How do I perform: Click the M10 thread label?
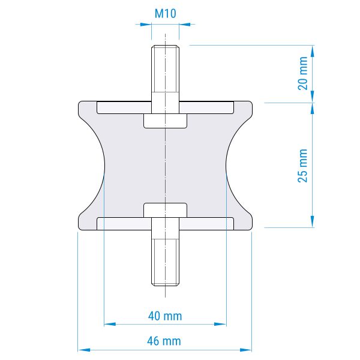point(166,14)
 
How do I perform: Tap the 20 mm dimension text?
point(302,73)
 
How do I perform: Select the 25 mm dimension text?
point(302,166)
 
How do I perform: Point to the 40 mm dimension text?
point(165,316)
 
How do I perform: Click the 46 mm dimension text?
point(164,341)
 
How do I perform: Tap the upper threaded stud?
point(166,79)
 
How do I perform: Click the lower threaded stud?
point(166,252)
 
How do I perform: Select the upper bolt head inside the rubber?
point(166,121)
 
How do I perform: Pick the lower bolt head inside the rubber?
point(166,210)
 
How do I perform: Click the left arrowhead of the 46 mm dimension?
point(84,350)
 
